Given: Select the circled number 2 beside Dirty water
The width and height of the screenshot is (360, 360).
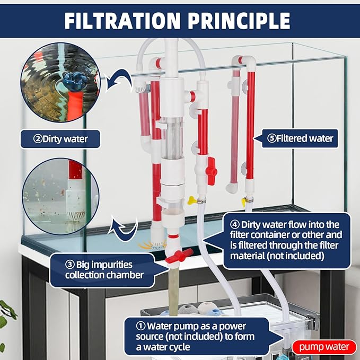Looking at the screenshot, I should [38, 139].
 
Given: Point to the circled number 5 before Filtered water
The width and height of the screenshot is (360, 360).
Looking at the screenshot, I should [272, 138].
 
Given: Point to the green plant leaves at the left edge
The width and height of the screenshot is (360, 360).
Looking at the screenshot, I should [5, 312].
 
